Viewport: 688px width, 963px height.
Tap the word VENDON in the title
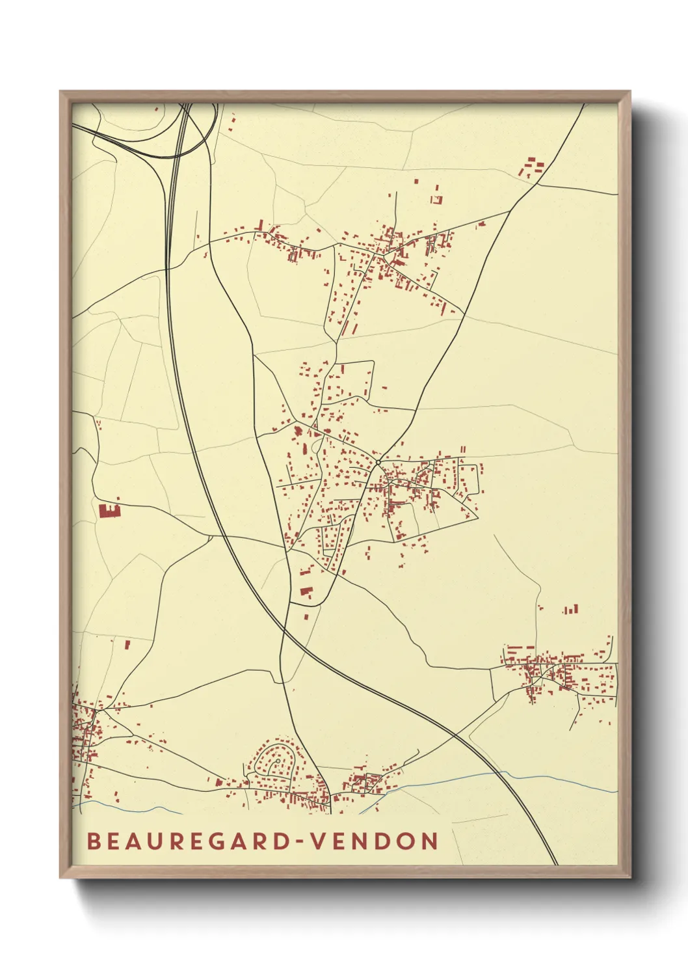[375, 841]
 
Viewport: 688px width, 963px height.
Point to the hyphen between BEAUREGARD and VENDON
[300, 842]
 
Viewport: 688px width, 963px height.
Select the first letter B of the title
[94, 841]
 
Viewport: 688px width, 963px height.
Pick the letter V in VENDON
[319, 841]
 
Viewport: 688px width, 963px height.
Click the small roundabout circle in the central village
[378, 463]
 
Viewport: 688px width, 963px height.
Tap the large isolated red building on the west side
[109, 510]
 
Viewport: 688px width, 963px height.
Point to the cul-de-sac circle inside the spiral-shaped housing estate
[278, 760]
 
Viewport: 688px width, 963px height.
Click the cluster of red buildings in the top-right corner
[531, 167]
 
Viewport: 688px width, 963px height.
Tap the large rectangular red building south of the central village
[306, 591]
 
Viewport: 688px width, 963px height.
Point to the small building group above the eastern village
[570, 610]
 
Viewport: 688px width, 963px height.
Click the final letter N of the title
[430, 841]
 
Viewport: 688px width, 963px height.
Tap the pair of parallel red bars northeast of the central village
[463, 450]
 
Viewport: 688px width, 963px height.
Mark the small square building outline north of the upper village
[437, 200]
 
